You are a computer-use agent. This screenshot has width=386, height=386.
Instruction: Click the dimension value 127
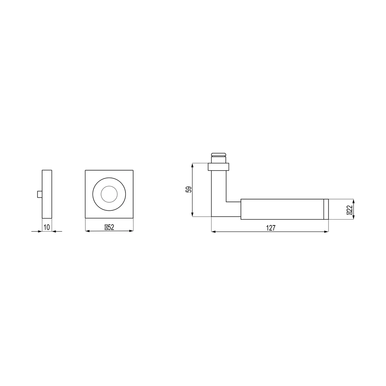point(271,228)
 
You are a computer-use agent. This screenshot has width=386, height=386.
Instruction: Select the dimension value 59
point(189,190)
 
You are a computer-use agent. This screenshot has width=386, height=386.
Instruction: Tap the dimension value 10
point(47,227)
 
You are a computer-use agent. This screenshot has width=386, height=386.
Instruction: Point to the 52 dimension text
point(111,227)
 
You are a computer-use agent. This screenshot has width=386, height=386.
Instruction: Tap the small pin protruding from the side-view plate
point(39,194)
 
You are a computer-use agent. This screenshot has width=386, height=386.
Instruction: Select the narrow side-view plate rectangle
point(47,194)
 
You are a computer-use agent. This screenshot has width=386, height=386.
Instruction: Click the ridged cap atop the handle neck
point(218,155)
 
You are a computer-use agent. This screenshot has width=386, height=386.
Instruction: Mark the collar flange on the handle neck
point(218,167)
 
